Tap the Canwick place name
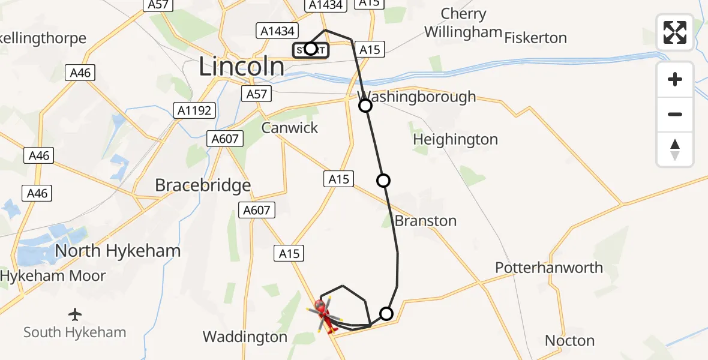tap(290, 128)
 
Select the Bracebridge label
tap(203, 185)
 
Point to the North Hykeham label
tap(118, 251)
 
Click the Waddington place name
tap(245, 337)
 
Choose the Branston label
tap(425, 221)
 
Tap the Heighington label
tap(455, 140)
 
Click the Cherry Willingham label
tap(463, 23)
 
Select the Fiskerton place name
tap(535, 38)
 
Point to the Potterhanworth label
tap(549, 268)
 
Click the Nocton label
tap(569, 341)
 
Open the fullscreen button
tap(675, 32)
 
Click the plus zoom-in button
tap(675, 79)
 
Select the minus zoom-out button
tap(675, 114)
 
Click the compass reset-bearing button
tap(675, 149)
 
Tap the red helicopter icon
tap(322, 315)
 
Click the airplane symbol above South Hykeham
tap(75, 314)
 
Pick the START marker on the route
tap(311, 49)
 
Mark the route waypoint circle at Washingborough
tap(365, 106)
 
